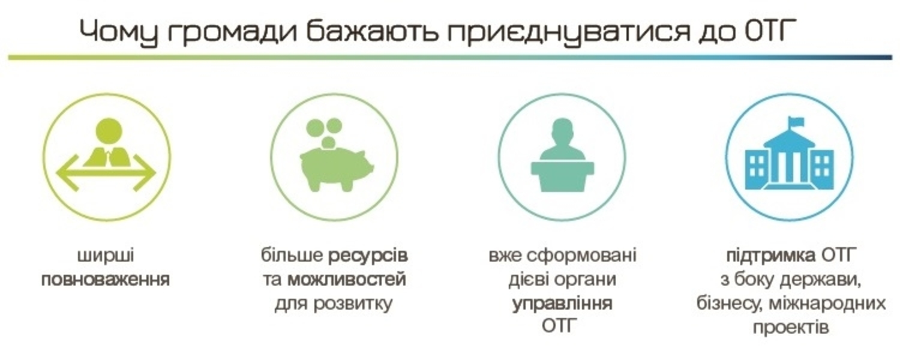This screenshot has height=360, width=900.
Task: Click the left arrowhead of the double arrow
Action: pyautogui.click(x=66, y=173)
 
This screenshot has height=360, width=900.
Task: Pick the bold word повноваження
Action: pyautogui.click(x=106, y=280)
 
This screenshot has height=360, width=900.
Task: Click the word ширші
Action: pyautogui.click(x=106, y=256)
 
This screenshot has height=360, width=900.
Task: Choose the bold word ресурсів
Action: pyautogui.click(x=368, y=256)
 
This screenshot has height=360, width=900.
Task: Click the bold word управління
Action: pyautogui.click(x=562, y=303)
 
